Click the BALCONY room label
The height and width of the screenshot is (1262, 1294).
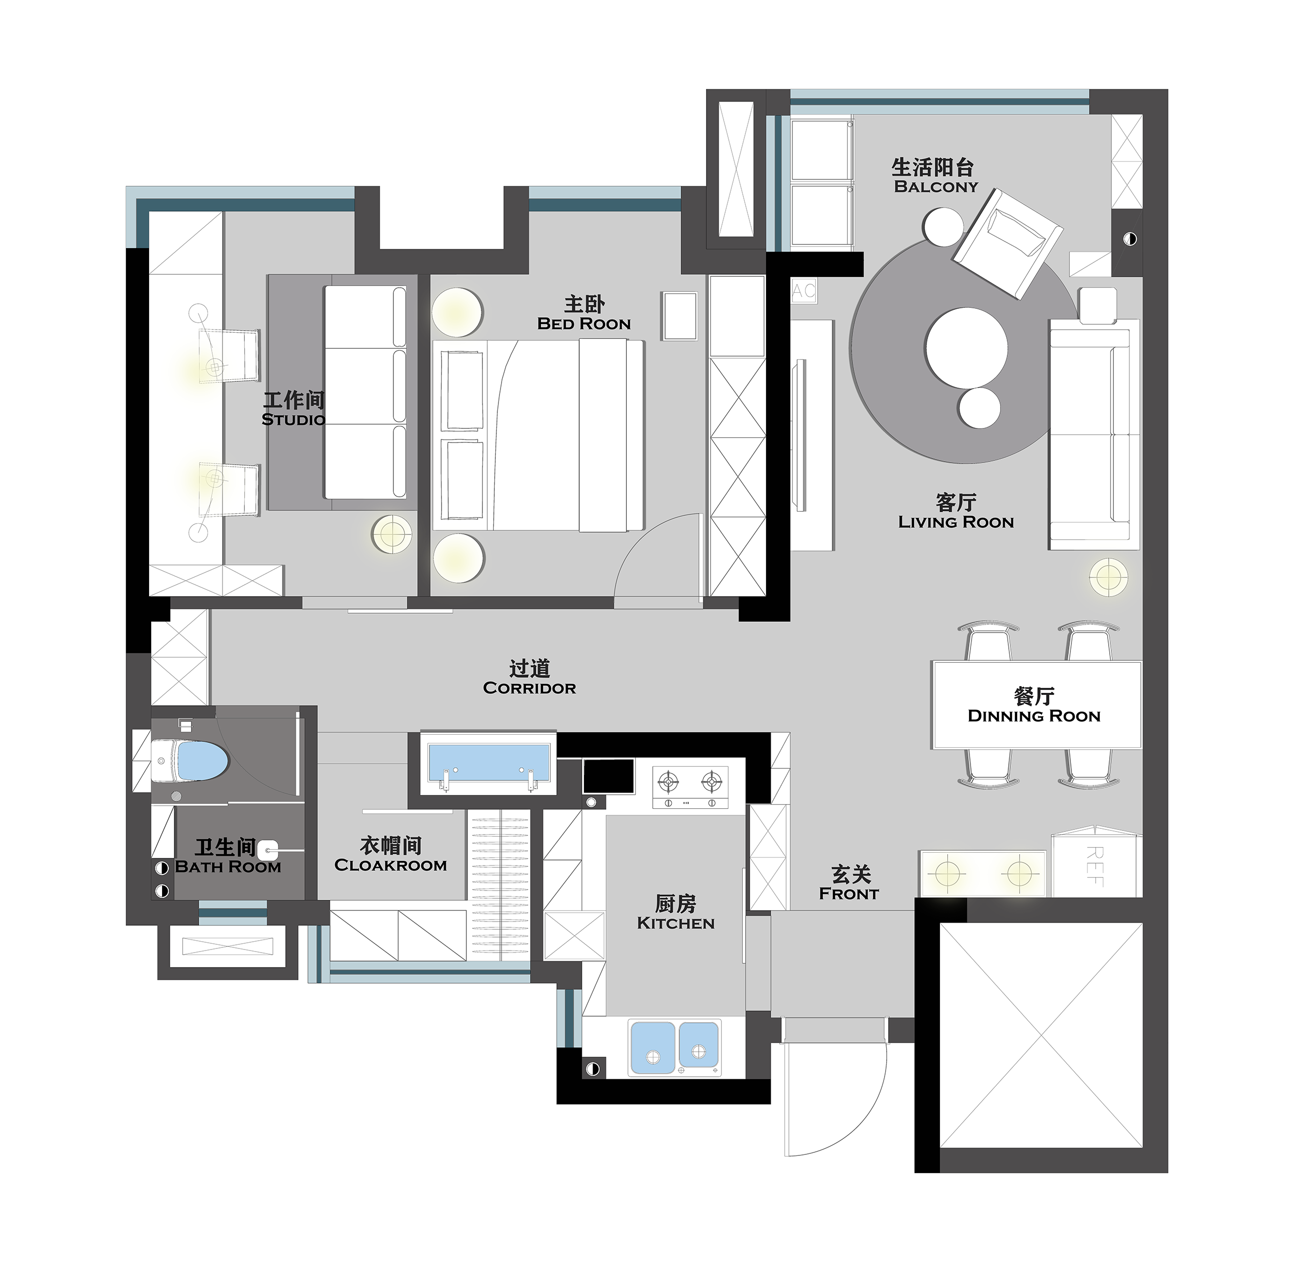935,187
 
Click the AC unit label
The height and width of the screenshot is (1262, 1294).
803,290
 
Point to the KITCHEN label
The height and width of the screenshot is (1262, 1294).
675,923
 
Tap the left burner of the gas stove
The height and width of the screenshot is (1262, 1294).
668,782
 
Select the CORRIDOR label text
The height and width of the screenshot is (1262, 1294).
529,688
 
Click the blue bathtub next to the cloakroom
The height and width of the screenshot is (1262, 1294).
489,762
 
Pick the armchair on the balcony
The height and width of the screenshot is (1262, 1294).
1008,243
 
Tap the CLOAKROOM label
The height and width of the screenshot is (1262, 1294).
390,866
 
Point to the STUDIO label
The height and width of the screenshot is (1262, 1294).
293,420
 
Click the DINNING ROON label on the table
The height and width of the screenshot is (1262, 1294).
1034,716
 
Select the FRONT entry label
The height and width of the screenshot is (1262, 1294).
848,894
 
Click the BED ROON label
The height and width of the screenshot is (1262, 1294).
584,324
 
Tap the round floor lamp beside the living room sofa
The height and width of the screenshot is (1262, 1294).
1108,576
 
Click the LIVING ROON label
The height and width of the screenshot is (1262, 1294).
956,522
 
